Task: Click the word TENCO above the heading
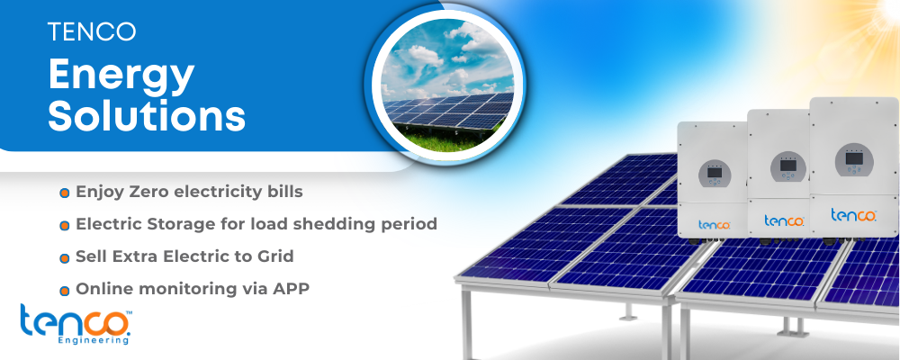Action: click(92, 31)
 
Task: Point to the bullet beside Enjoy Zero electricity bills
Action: click(64, 193)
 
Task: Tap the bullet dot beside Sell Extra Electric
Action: click(64, 257)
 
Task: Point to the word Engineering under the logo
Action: click(93, 340)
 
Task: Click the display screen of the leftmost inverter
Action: click(715, 172)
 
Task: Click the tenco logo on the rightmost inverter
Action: click(853, 215)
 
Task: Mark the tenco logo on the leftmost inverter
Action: click(715, 224)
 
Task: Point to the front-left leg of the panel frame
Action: click(467, 323)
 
